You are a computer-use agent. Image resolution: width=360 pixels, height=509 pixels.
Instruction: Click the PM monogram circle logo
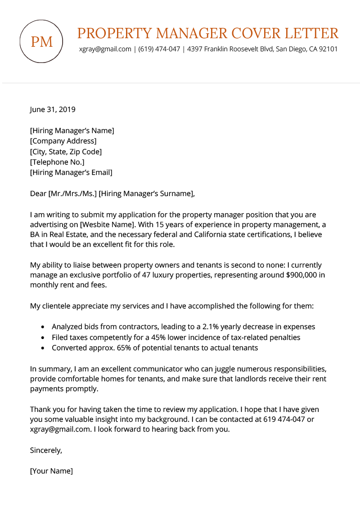tap(42, 41)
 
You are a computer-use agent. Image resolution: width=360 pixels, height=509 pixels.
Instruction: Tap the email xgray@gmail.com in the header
tap(105, 49)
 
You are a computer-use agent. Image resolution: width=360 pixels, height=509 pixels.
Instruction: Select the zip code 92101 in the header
tap(328, 49)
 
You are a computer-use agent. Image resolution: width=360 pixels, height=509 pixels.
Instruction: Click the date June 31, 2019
tap(53, 109)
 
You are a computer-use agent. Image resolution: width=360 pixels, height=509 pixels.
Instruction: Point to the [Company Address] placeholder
tap(63, 141)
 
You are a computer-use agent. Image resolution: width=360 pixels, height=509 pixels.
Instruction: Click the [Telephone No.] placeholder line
tap(57, 162)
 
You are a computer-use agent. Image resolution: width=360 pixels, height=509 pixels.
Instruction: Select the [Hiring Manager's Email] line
tap(71, 172)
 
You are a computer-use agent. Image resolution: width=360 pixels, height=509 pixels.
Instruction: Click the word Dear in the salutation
tap(38, 194)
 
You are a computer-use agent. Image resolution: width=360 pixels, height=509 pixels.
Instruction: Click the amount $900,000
tap(301, 275)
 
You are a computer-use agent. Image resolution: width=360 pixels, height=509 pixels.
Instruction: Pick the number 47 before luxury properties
tap(143, 275)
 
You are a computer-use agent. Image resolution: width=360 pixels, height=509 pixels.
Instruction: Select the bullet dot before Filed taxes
tap(42, 337)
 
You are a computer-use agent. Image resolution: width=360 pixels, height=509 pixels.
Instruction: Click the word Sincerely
tap(46, 450)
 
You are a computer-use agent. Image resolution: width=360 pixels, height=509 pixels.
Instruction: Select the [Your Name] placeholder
tap(51, 471)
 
